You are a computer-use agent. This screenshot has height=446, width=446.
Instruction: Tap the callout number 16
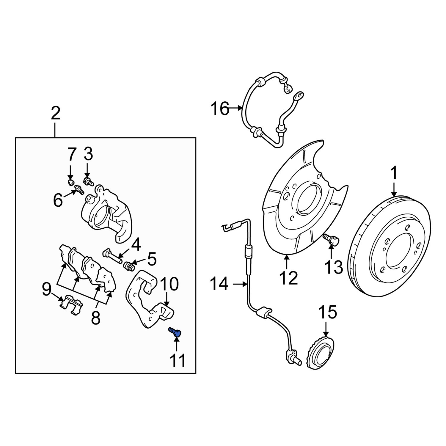220,109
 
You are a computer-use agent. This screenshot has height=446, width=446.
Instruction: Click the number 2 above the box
55,113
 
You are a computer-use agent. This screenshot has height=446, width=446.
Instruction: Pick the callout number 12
288,278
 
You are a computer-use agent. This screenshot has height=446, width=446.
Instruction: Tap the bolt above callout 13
330,239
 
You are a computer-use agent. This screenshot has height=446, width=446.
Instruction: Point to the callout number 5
152,259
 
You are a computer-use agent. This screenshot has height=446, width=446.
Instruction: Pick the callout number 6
58,200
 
